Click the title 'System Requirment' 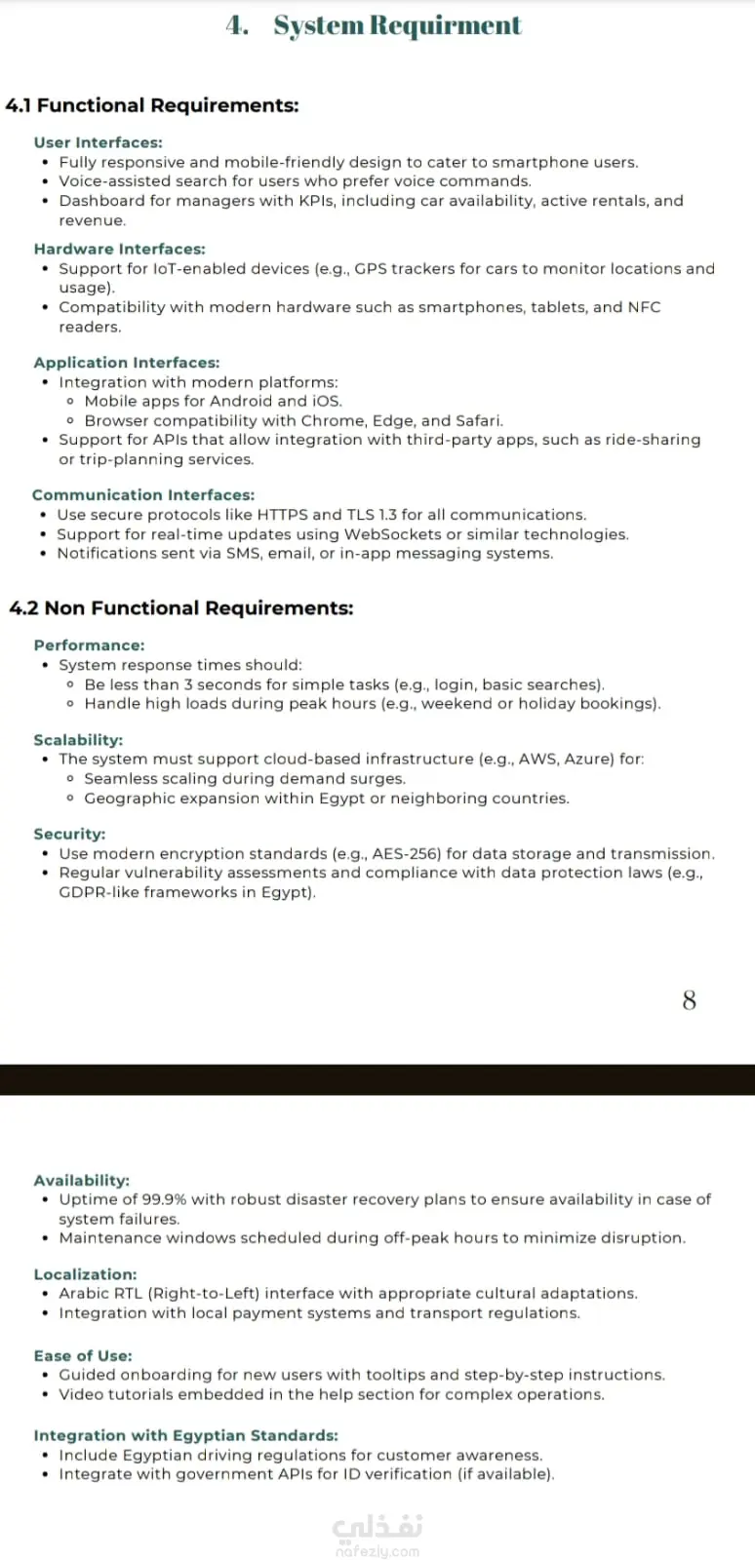click(397, 25)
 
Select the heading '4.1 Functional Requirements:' click(152, 105)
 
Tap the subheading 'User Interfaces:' click(98, 142)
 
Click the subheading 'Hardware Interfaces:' click(119, 249)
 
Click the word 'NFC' click(644, 307)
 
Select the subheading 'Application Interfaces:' click(127, 363)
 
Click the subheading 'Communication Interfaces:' click(143, 495)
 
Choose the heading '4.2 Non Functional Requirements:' click(181, 608)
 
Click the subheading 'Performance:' click(89, 645)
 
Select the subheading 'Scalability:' click(78, 740)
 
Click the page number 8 click(689, 1000)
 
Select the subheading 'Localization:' click(85, 1274)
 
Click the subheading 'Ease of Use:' click(83, 1355)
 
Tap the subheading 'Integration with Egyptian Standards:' click(185, 1435)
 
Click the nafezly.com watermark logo click(377, 1535)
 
